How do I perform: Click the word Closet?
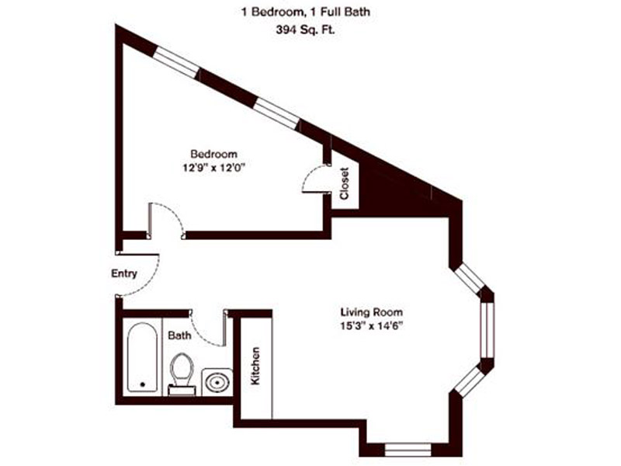(x=345, y=184)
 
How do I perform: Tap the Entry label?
(x=124, y=273)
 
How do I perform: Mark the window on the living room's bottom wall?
(x=408, y=449)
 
